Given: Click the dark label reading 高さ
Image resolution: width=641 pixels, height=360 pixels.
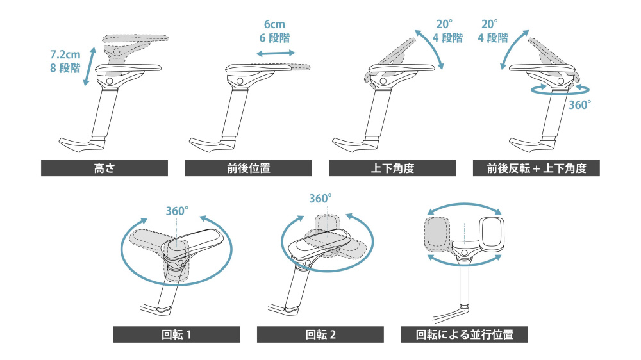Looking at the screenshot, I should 104,168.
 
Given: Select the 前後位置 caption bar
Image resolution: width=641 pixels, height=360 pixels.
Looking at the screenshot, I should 248,168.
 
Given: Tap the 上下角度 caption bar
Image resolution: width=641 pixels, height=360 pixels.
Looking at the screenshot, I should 392,168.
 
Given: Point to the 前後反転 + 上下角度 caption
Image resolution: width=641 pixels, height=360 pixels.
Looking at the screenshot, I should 536,168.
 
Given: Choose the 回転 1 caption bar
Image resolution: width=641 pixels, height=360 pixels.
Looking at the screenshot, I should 176,334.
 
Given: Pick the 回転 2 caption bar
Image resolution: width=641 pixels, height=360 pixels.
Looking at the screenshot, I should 320,334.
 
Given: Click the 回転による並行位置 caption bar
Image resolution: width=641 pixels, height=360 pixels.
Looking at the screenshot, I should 464,334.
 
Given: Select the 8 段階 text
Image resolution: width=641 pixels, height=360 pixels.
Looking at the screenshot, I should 64,68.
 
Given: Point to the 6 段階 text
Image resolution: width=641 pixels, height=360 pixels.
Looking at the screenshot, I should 274,38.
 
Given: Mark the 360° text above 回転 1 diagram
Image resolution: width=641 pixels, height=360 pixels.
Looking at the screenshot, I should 177,209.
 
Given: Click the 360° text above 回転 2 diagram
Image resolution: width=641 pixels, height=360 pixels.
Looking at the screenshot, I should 320,199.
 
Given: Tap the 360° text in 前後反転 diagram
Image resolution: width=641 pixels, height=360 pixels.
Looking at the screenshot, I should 579,104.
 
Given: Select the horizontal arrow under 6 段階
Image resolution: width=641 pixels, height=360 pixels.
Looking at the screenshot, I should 274,55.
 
